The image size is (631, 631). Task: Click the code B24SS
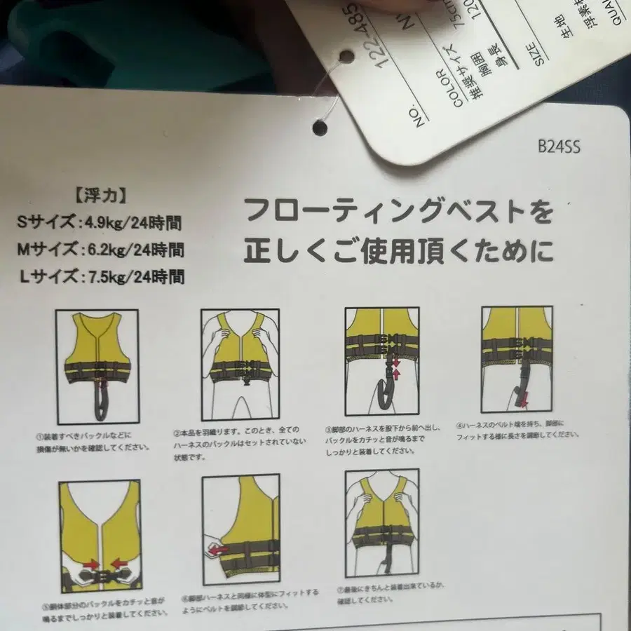pos(559,147)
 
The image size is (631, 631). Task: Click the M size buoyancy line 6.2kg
pos(100,250)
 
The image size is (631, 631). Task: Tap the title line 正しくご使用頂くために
pos(398,249)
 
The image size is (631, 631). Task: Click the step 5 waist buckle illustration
pos(100,535)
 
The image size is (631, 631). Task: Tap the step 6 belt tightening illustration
pos(240,530)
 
